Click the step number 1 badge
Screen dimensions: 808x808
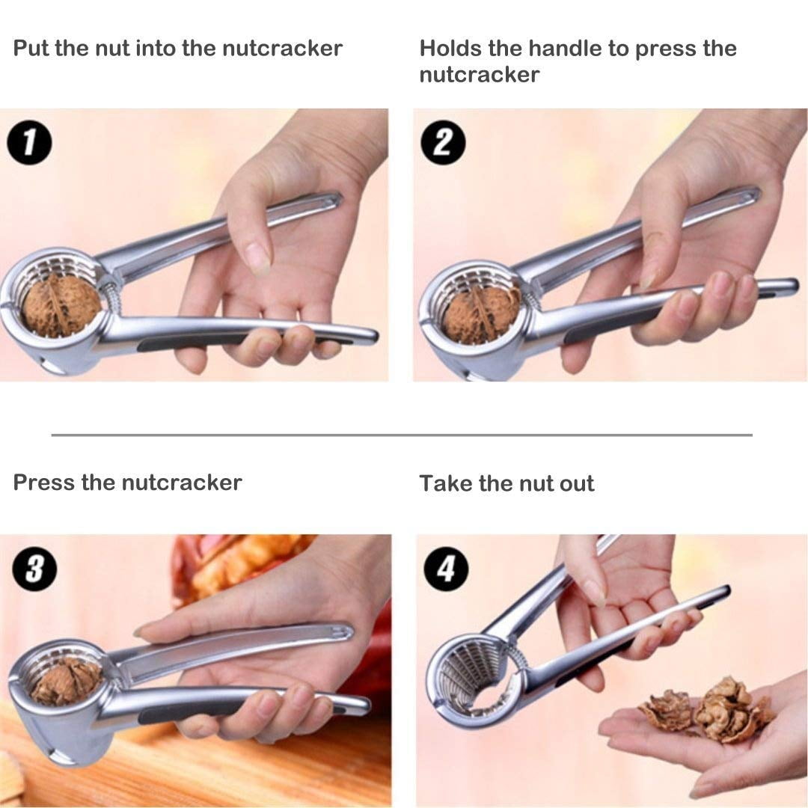point(29,142)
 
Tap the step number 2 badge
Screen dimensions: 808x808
point(443,142)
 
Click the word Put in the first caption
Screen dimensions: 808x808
point(31,48)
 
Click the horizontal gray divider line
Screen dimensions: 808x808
point(402,435)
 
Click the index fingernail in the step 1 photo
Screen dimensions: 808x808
point(257,257)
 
